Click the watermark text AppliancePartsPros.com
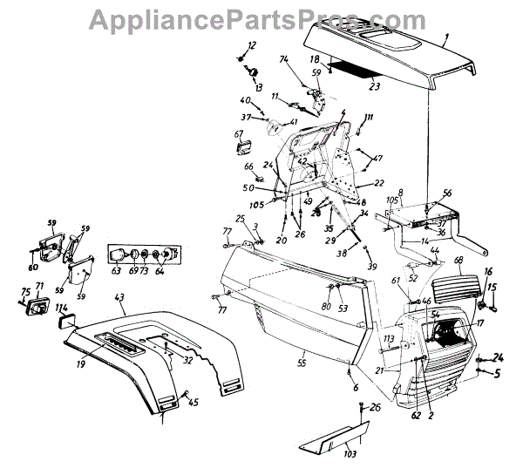pos(261,18)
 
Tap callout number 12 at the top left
pos(253,45)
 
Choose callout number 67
pos(237,134)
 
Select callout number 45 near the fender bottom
pos(194,402)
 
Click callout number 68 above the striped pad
pos(458,262)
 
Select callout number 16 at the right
pos(488,273)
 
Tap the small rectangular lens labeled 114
pos(65,323)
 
